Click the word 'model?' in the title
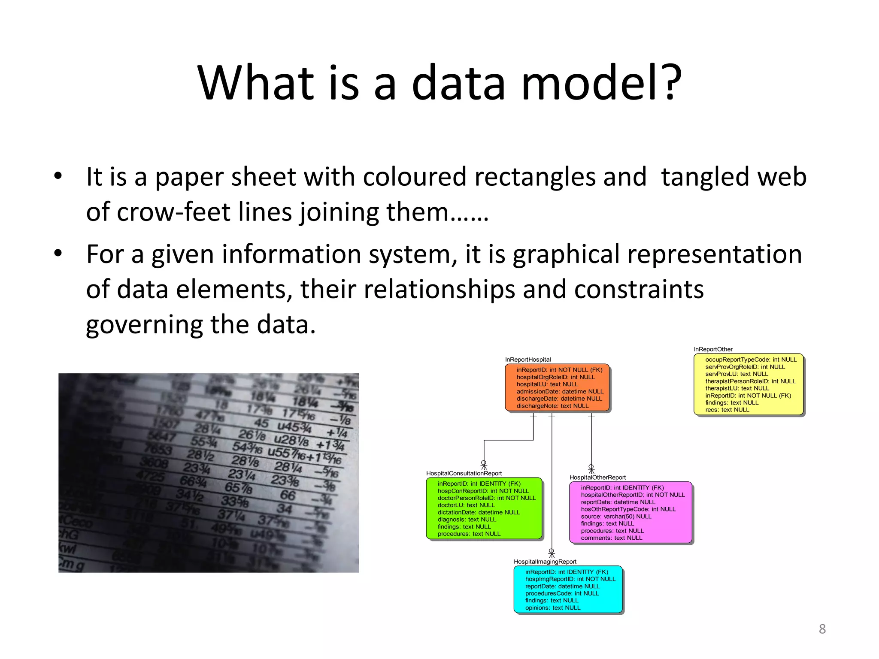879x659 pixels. coord(601,82)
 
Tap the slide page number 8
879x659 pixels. coord(822,629)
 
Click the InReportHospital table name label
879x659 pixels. coord(527,360)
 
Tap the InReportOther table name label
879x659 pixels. coord(713,349)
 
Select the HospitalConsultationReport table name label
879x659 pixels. coord(464,473)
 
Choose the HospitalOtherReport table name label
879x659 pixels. coord(597,478)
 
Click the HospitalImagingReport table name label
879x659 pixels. coord(545,562)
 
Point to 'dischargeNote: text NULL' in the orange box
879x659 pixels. coord(552,406)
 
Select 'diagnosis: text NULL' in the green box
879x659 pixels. coord(467,520)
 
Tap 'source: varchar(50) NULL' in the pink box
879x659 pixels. coord(616,517)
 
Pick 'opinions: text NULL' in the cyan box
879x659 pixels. coord(552,608)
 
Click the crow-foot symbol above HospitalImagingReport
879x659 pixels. coord(552,553)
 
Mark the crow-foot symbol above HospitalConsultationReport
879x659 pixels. coord(484,466)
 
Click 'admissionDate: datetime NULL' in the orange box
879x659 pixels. coord(560,391)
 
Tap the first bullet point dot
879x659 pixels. coord(58,176)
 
